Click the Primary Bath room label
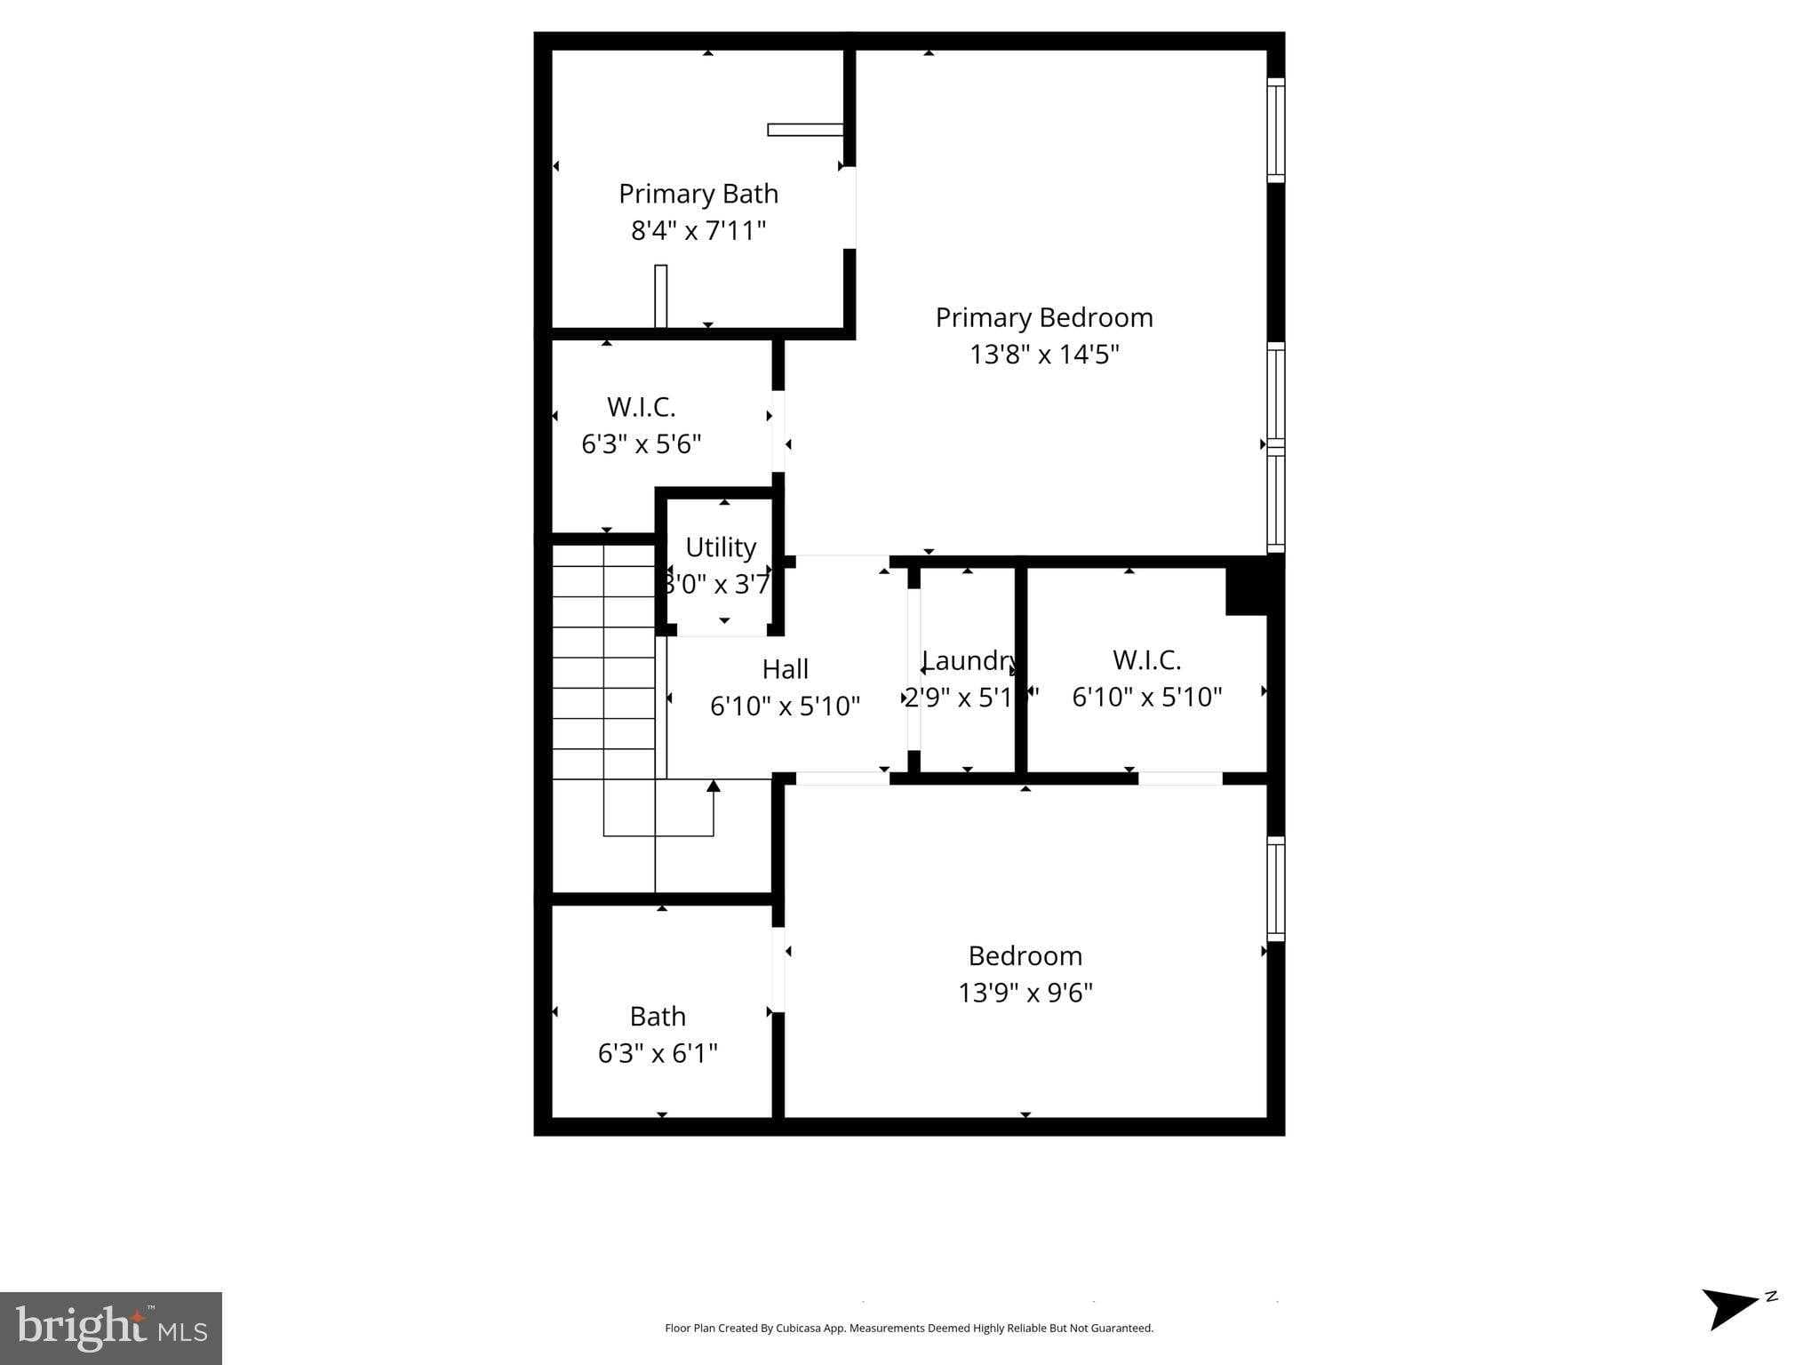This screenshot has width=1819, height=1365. pyautogui.click(x=698, y=194)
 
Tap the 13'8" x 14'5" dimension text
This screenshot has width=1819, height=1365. pyautogui.click(x=1044, y=355)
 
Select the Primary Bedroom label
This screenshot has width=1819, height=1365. pyautogui.click(x=1044, y=317)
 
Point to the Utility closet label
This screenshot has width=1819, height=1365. pyautogui.click(x=721, y=547)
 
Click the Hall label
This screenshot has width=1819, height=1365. pyautogui.click(x=786, y=669)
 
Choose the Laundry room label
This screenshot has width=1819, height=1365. pyautogui.click(x=969, y=660)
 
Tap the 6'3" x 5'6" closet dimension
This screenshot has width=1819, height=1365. pyautogui.click(x=642, y=443)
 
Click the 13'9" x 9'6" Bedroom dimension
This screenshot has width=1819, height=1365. pyautogui.click(x=1025, y=992)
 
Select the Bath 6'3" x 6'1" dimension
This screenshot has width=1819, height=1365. pyautogui.click(x=658, y=1053)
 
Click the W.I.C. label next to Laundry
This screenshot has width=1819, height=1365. pyautogui.click(x=1146, y=660)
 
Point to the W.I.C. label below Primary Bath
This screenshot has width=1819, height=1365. pyautogui.click(x=642, y=407)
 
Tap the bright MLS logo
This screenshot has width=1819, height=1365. pyautogui.click(x=111, y=1328)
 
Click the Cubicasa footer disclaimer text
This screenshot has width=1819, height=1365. pyautogui.click(x=909, y=1328)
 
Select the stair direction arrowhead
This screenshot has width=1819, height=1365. pyautogui.click(x=714, y=786)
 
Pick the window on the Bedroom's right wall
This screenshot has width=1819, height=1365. pyautogui.click(x=1275, y=889)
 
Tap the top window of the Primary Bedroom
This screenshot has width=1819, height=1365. pyautogui.click(x=1275, y=130)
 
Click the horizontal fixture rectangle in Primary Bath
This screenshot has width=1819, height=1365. pyautogui.click(x=805, y=130)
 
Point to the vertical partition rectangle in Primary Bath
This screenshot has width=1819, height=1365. pyautogui.click(x=660, y=296)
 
